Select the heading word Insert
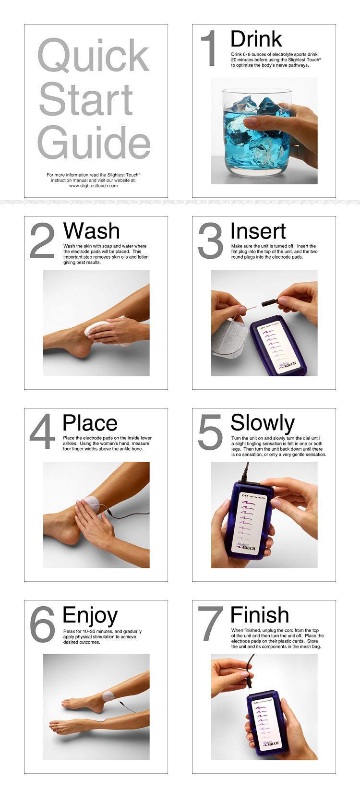258,231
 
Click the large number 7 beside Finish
210,623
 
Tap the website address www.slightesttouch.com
93,186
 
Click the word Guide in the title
94,142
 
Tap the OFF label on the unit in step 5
246,495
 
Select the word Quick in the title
93,55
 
